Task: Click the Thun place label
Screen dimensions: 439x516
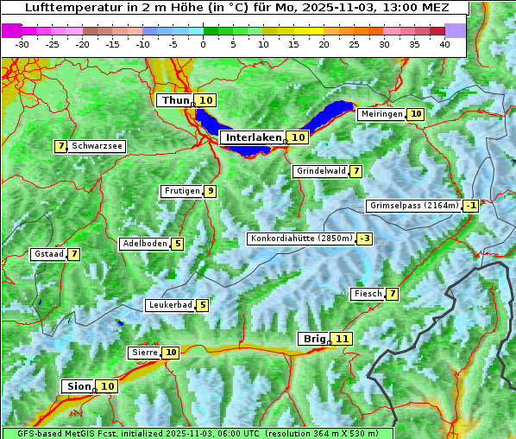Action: (175, 101)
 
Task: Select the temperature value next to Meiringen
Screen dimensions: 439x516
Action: (416, 114)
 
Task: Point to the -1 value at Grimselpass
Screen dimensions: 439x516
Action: (470, 206)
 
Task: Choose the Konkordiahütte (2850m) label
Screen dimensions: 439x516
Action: (301, 239)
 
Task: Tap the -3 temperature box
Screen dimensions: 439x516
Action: (365, 239)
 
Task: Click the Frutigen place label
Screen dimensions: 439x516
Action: (181, 191)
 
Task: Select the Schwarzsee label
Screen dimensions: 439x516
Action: (96, 147)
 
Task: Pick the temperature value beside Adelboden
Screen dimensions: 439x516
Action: (177, 244)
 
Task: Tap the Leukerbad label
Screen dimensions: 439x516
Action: (170, 305)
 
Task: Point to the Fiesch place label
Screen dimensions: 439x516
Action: (367, 294)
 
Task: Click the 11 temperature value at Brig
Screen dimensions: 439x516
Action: (343, 339)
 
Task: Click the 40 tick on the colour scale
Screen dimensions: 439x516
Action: (444, 44)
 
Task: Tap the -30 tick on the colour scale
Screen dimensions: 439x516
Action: (22, 44)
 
